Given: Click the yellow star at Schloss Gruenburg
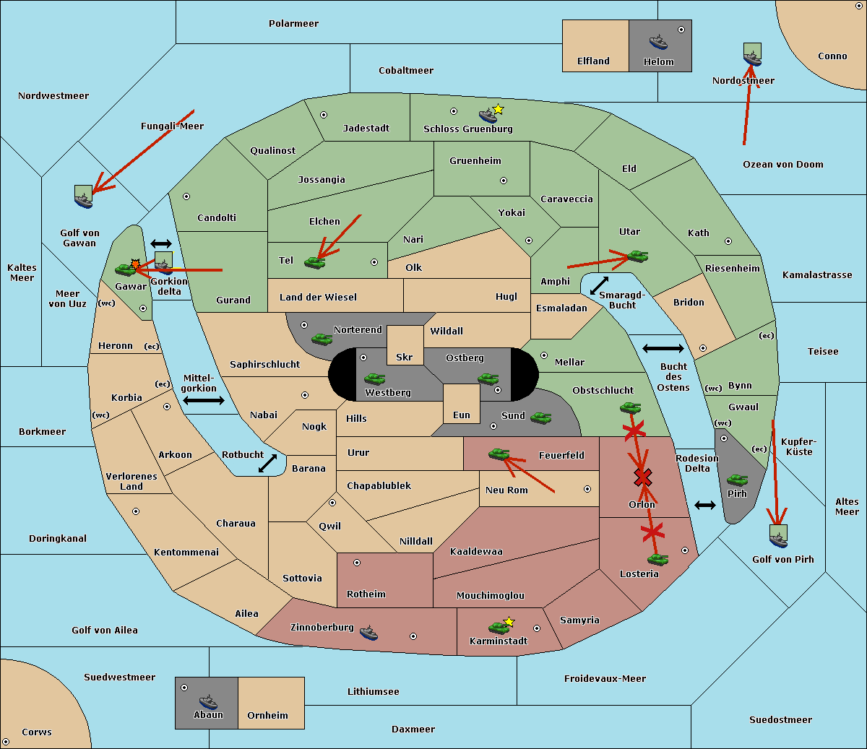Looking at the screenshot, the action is [x=498, y=110].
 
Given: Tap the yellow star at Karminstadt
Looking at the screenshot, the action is [x=509, y=621].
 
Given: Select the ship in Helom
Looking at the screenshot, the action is [x=658, y=42].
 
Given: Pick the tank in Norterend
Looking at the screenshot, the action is [x=322, y=339].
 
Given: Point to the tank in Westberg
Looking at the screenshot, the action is [x=374, y=378].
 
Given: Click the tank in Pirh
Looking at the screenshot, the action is [x=737, y=480].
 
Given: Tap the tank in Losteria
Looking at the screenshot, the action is [x=657, y=559].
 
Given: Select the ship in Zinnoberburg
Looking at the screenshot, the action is [x=368, y=633].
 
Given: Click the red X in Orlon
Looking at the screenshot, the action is [x=642, y=477].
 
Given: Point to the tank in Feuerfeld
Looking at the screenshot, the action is [x=499, y=454].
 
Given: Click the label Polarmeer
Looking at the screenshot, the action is [x=293, y=24].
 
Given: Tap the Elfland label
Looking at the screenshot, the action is [x=593, y=61].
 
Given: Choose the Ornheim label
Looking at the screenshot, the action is [x=267, y=715].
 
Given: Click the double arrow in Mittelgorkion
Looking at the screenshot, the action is [x=204, y=400].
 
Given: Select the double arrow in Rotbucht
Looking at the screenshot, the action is [x=267, y=463].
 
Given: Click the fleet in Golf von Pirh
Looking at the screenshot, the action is [x=779, y=537].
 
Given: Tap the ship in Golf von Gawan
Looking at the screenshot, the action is [x=84, y=196].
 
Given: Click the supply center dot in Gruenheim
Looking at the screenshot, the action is [x=504, y=181].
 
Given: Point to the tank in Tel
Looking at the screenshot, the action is [x=314, y=262].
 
